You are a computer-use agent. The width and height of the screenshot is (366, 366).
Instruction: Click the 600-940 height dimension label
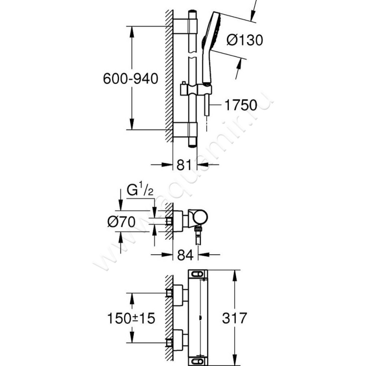[x=130, y=79]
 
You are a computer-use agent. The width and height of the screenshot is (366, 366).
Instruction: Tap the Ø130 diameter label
[x=245, y=40]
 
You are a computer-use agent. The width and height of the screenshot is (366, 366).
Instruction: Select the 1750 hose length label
[x=241, y=105]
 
